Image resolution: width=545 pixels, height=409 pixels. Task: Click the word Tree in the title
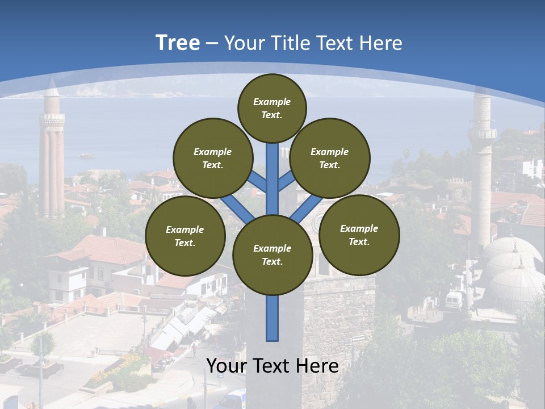click(x=178, y=43)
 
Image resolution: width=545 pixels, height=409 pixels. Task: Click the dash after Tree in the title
click(x=212, y=43)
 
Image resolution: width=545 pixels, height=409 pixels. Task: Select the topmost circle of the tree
click(x=272, y=107)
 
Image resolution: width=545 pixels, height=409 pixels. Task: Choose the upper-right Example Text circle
click(x=329, y=158)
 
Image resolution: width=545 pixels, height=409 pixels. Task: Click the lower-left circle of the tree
click(x=185, y=236)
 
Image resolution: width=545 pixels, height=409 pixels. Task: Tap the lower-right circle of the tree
click(x=359, y=235)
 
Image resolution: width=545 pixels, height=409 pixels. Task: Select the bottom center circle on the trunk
click(x=272, y=254)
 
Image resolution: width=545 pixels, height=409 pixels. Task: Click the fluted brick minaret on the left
click(x=52, y=165)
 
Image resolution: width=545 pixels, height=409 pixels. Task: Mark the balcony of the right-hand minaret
click(x=482, y=134)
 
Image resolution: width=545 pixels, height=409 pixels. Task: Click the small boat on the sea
click(x=86, y=155)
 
